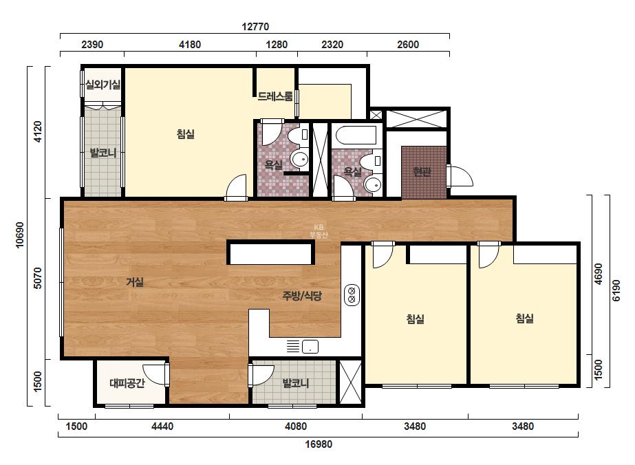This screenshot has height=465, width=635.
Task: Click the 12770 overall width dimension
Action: [x=255, y=27]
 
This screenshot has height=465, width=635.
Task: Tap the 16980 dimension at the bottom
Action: [x=319, y=444]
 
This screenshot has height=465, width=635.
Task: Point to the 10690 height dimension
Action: [x=19, y=235]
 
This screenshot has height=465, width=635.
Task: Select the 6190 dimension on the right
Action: [x=616, y=290]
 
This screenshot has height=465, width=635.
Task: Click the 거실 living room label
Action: [x=135, y=281]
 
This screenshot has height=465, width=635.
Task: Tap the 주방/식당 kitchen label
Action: [x=302, y=296]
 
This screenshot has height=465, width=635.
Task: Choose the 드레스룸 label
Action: [x=275, y=96]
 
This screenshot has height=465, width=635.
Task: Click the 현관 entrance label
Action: [x=422, y=172]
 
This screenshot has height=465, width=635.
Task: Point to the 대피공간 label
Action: [x=127, y=382]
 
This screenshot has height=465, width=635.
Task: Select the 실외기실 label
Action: [x=103, y=85]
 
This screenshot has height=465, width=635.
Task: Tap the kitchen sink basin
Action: [x=310, y=347]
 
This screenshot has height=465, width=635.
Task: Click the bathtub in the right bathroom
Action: [x=356, y=136]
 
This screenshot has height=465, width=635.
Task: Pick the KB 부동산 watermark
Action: [x=319, y=231]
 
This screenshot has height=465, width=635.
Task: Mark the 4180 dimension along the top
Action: [x=190, y=44]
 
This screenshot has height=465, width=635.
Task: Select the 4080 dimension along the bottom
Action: [x=296, y=426]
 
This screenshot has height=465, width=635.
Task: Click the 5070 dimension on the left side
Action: [x=37, y=278]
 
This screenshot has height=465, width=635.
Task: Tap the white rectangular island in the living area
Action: [x=271, y=252]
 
